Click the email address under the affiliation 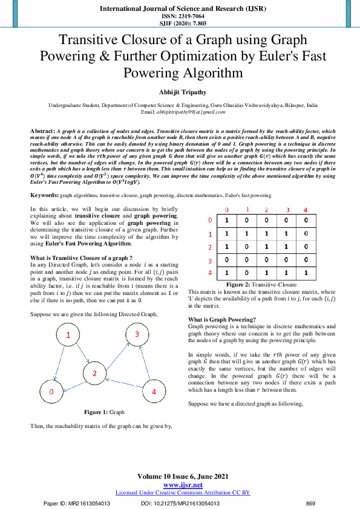pyautogui.click(x=180, y=112)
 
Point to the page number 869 pyautogui.click(x=311, y=503)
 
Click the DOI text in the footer pyautogui.click(x=180, y=503)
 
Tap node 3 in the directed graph pyautogui.click(x=137, y=334)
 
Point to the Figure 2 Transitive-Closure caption pyautogui.click(x=261, y=285)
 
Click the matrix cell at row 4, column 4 pyautogui.click(x=306, y=273)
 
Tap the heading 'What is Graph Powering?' pyautogui.click(x=221, y=319)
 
